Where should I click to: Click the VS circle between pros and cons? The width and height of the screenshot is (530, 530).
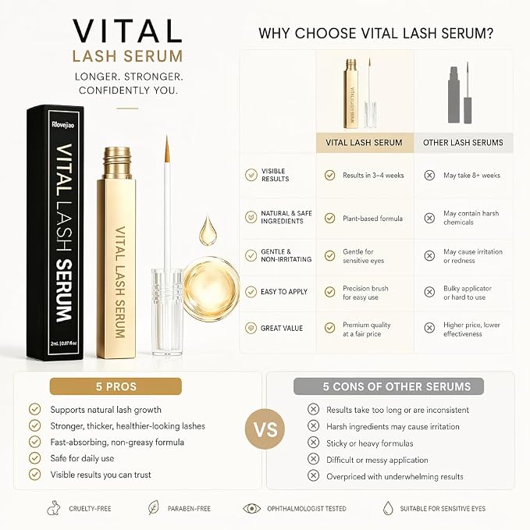[x=265, y=429]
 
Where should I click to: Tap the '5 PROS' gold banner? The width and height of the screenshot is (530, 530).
[x=116, y=386]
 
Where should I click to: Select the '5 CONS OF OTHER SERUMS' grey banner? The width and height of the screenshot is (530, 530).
[x=389, y=386]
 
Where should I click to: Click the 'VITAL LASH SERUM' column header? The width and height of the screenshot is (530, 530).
[x=365, y=143]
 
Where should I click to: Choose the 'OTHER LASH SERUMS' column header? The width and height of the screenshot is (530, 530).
[x=464, y=143]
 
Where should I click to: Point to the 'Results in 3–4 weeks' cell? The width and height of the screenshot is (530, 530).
[x=373, y=176]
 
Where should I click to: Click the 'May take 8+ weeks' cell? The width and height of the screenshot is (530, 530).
[x=472, y=176]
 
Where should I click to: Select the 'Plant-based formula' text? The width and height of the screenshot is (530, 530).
[x=372, y=219]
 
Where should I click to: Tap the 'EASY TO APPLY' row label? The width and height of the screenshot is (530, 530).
[x=284, y=292]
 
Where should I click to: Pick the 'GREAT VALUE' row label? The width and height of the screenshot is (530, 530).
[x=282, y=328]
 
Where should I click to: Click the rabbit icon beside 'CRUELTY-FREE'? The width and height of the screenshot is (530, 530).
[x=54, y=508]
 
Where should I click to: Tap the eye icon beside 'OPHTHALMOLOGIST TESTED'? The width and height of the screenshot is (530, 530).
[x=252, y=508]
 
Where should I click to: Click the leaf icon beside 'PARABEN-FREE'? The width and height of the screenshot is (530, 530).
[x=154, y=507]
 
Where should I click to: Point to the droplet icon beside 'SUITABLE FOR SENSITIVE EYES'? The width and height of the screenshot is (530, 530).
[x=389, y=508]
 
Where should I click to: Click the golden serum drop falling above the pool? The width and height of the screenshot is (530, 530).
[x=208, y=231]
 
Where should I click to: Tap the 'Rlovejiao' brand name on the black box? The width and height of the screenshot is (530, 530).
[x=63, y=125]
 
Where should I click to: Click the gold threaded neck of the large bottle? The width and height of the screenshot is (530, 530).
[x=117, y=163]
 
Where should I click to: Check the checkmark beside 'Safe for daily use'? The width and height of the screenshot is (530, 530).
[x=34, y=458]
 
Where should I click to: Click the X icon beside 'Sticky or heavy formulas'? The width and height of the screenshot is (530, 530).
[x=313, y=443]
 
